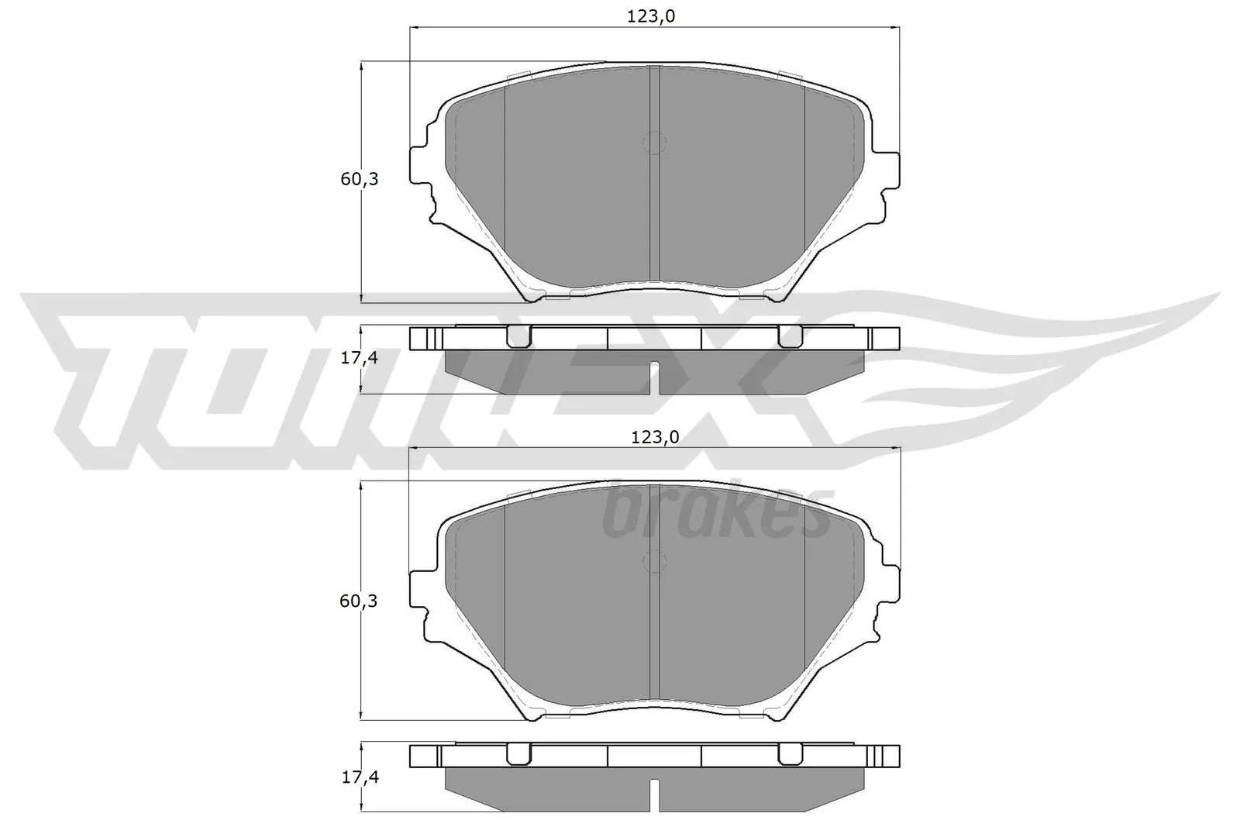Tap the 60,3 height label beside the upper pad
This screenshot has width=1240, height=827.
[x=360, y=179]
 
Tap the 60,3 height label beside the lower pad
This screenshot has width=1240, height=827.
[x=359, y=601]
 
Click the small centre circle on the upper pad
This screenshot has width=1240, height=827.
[x=655, y=143]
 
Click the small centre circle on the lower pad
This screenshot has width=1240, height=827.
[x=655, y=562]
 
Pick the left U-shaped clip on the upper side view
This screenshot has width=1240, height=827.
[x=518, y=336]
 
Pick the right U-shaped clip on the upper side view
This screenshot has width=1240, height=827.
[x=790, y=336]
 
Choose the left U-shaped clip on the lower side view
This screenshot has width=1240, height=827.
[x=518, y=754]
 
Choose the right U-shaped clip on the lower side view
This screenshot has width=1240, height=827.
[x=790, y=754]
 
